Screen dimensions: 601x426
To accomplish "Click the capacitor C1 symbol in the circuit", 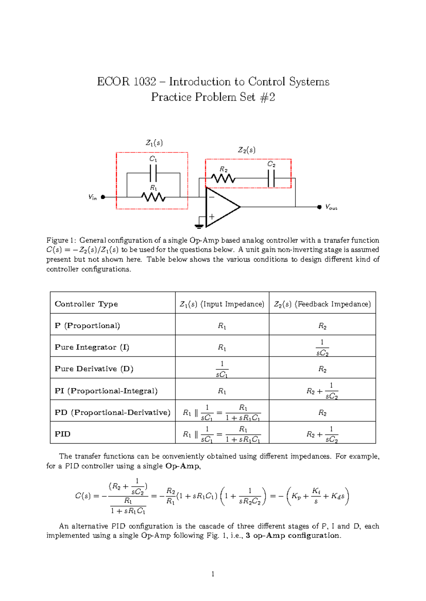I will [x=153, y=173].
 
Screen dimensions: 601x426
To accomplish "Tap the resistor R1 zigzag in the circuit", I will [x=153, y=197].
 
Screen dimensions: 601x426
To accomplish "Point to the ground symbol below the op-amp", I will [x=199, y=226].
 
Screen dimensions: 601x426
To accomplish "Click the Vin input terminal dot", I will [x=103, y=197].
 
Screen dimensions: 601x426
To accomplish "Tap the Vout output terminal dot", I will [x=319, y=207].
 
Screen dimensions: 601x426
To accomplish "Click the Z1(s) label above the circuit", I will [x=154, y=143].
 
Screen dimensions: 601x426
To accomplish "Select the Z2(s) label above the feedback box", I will [x=246, y=150].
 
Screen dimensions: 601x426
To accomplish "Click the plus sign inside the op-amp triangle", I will [x=212, y=216].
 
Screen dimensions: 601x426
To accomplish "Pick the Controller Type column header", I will [x=86, y=304].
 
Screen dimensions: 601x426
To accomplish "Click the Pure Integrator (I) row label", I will [x=92, y=347].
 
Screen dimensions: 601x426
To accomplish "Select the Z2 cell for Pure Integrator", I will [x=322, y=348].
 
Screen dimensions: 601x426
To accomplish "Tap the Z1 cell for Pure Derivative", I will [x=222, y=369].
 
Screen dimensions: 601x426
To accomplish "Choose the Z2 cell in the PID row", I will [x=322, y=434].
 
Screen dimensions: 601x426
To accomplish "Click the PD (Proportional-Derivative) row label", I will [x=113, y=412].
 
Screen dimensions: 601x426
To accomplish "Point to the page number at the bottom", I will [x=213, y=574].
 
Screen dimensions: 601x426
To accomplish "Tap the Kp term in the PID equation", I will [x=296, y=496].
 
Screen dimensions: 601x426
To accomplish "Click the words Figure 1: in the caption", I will [x=61, y=240].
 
